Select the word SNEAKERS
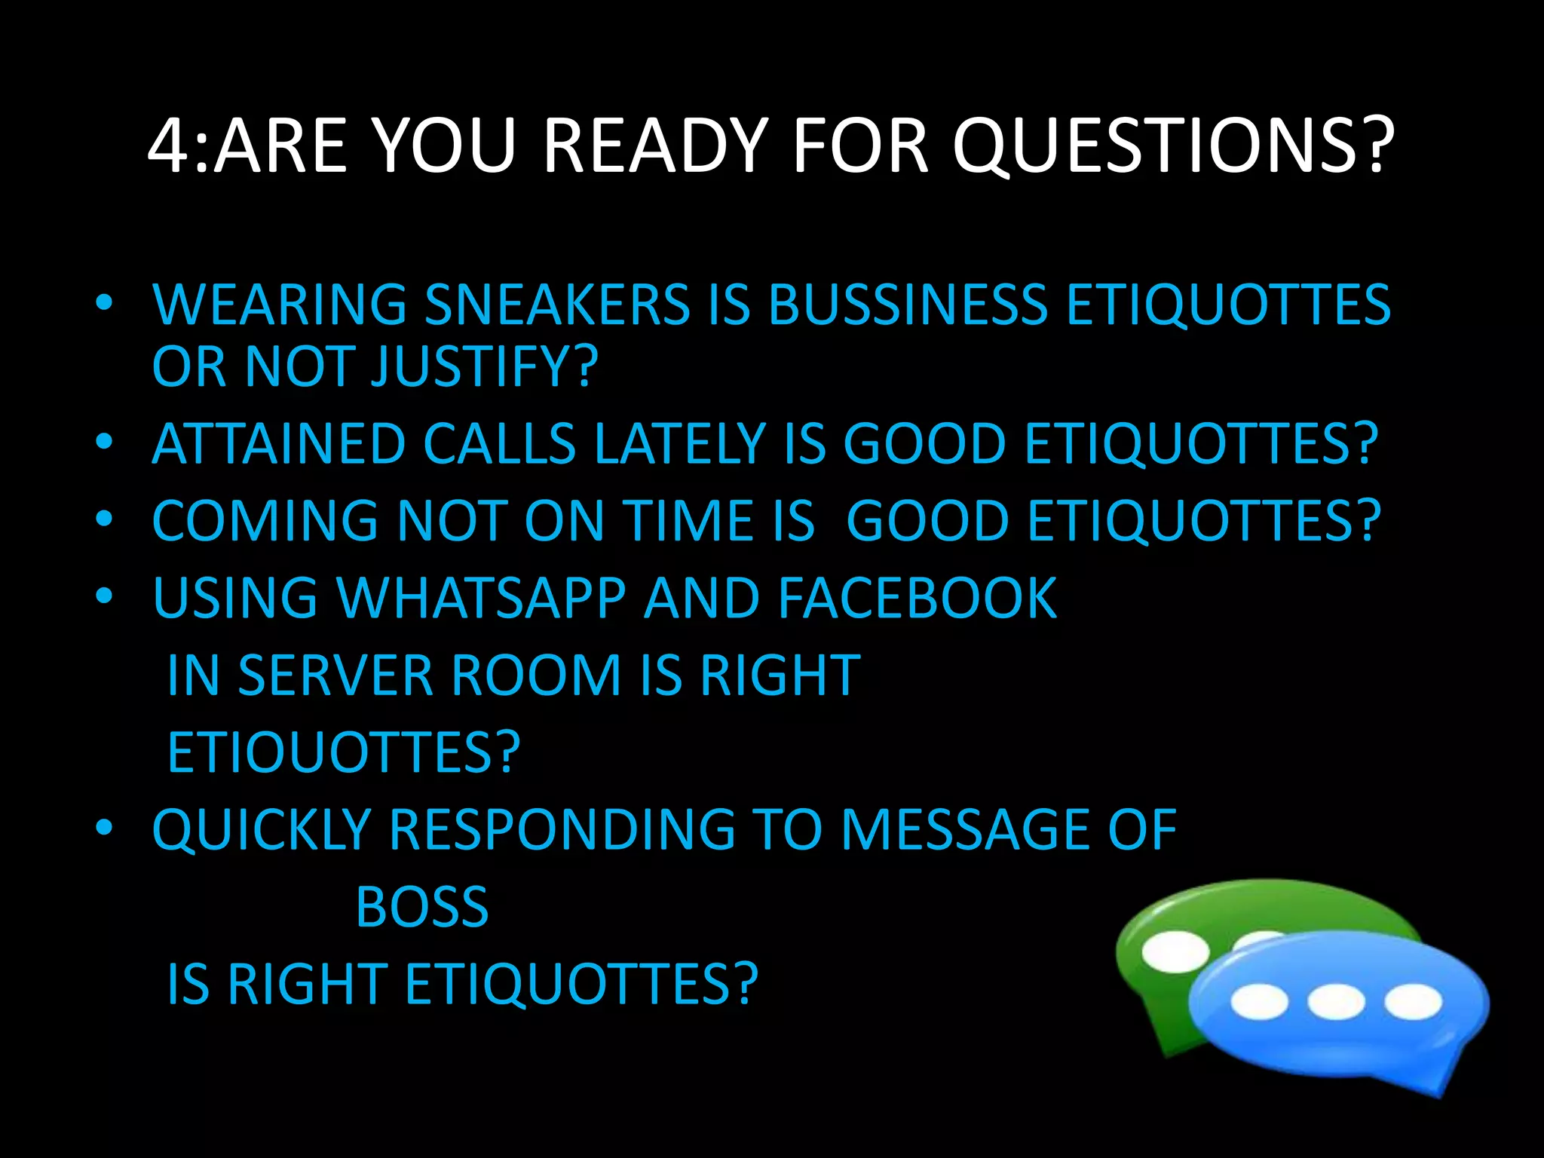coord(557,305)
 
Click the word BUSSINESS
coord(907,305)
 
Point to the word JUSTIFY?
coord(486,367)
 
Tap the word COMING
coord(265,521)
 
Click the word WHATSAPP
coord(481,599)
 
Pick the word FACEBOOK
coord(918,599)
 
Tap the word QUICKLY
coord(262,830)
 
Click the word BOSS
coord(422,907)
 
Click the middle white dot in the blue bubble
coord(1335,1002)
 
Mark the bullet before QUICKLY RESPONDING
coord(104,827)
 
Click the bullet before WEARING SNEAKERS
coord(104,302)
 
